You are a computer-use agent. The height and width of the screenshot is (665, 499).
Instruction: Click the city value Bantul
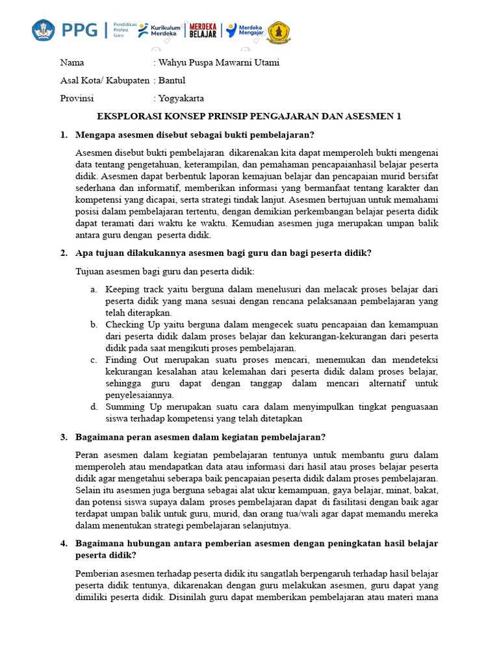[172, 81]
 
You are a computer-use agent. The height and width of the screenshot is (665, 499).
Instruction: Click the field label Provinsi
[77, 99]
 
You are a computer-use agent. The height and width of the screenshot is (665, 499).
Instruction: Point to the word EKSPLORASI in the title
[126, 116]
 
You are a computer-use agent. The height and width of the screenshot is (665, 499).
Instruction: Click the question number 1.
[64, 134]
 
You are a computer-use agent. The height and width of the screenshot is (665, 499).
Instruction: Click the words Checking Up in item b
[133, 324]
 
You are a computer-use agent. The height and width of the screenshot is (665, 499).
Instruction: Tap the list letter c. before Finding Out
[94, 360]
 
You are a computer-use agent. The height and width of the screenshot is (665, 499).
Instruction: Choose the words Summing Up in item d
[131, 407]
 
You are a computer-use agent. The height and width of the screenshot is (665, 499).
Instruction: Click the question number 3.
[64, 436]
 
